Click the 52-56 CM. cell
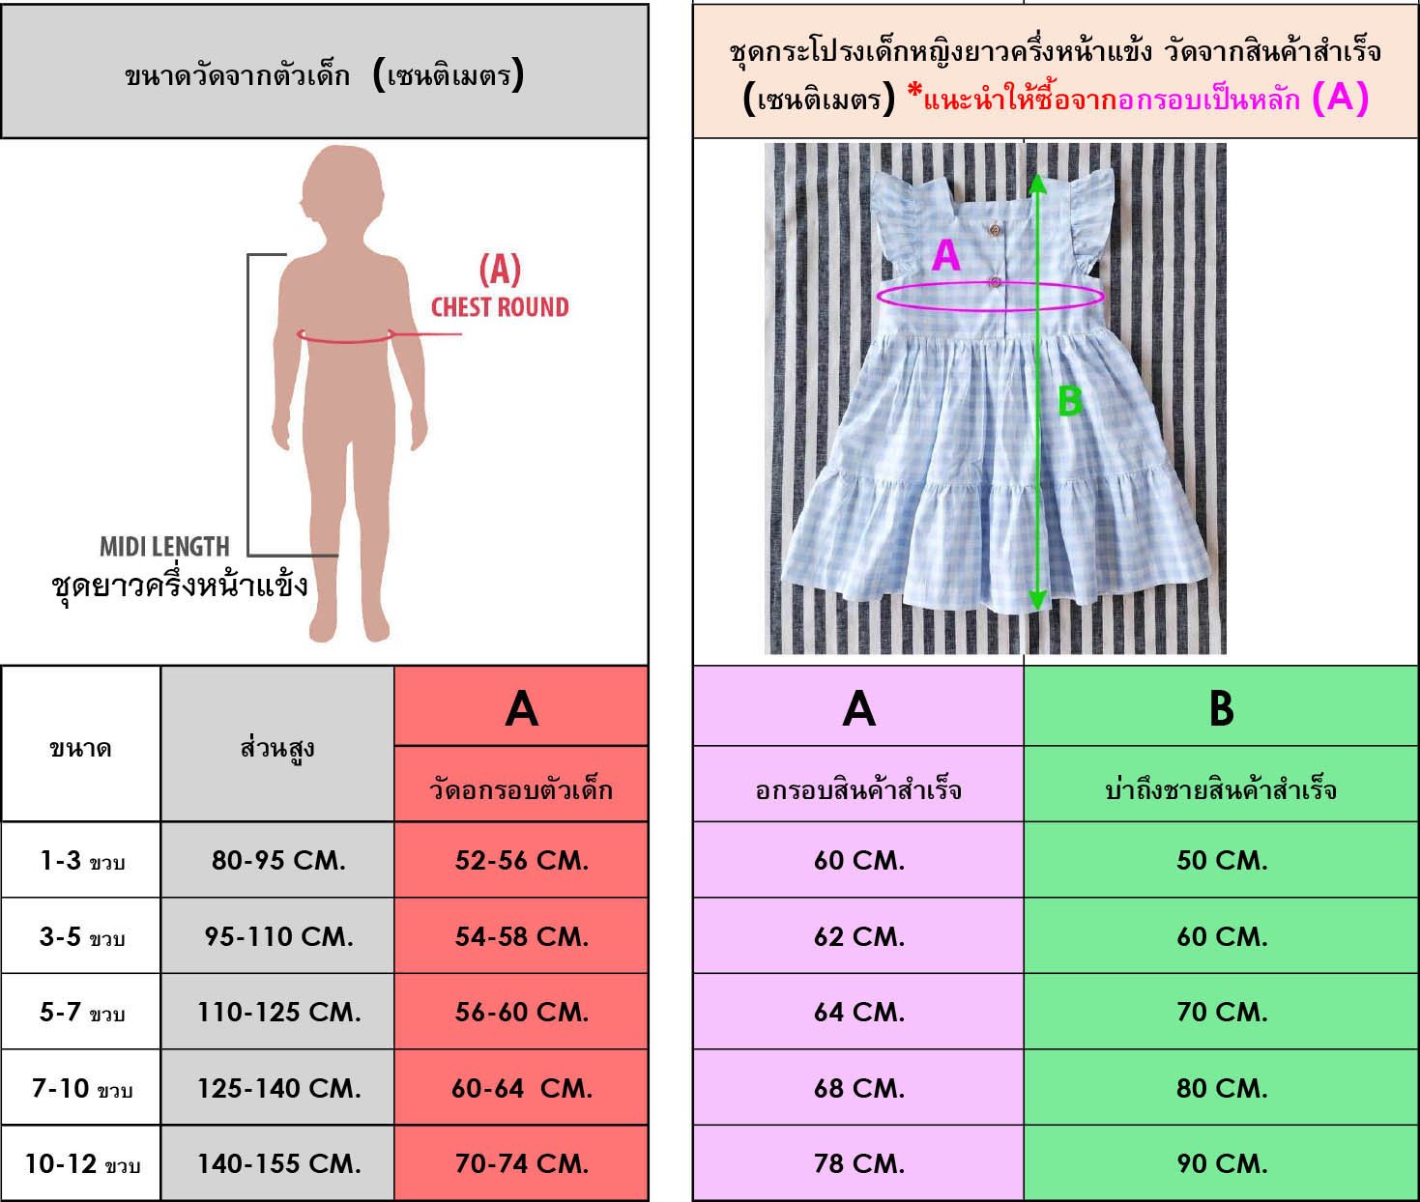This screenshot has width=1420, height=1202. pos(521,860)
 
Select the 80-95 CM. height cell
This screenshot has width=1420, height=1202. pos(278,860)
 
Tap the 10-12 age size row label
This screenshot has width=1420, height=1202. pos(81,1163)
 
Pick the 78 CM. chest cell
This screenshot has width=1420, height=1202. pos(858,1163)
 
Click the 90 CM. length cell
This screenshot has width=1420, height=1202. pos(1221,1163)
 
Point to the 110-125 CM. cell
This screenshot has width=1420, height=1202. pos(278,1012)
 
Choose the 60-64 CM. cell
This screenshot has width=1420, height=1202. pos(521,1088)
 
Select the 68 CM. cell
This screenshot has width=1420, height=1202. pos(858,1088)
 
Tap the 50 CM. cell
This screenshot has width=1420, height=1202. pos(1221,860)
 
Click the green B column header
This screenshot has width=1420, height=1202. pos(1221,707)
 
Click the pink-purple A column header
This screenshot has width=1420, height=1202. pos(858,707)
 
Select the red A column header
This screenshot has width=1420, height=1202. pos(521,707)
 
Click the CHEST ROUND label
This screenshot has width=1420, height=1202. pos(499,307)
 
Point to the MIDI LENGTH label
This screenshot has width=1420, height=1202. pos(164,547)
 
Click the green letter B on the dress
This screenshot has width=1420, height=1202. pos(1068,400)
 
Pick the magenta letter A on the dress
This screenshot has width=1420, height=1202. pos(945,256)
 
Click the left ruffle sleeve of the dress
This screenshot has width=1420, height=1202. pos(896,222)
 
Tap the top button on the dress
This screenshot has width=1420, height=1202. pos(995,229)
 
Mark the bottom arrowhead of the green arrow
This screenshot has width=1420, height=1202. pos(1037,601)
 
